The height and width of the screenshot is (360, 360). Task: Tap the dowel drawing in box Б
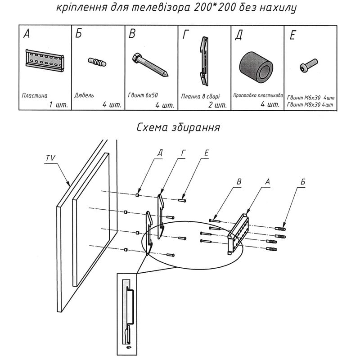point(97,62)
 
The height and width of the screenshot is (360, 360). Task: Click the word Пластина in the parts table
point(34,95)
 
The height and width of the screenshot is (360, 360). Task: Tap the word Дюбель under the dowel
point(84,95)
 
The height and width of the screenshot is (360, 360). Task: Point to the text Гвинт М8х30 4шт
point(310,105)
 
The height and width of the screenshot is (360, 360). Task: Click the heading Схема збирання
point(178,127)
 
